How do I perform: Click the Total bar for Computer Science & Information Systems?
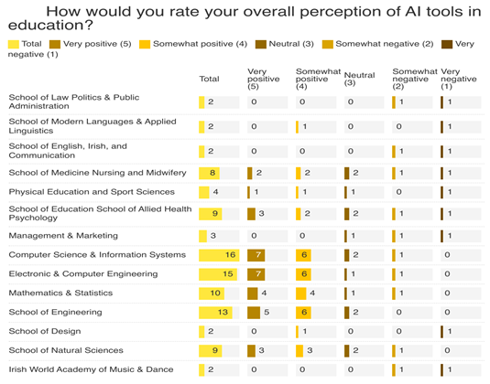click(x=219, y=255)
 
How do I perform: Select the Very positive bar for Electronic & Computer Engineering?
click(x=256, y=274)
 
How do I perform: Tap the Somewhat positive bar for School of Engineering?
click(x=303, y=313)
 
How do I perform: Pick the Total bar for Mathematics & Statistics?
click(x=212, y=293)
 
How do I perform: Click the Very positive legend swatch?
click(x=55, y=44)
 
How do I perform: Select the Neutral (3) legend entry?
click(x=284, y=44)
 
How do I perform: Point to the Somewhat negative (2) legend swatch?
click(x=328, y=44)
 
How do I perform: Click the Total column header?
click(x=209, y=79)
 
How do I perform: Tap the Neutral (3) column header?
click(x=359, y=79)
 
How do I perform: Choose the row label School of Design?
click(x=45, y=331)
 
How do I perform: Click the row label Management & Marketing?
click(x=63, y=236)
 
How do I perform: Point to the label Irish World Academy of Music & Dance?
click(x=91, y=369)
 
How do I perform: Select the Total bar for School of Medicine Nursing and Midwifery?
click(x=210, y=173)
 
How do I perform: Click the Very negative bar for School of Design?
click(x=441, y=332)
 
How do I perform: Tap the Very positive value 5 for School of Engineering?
click(x=267, y=313)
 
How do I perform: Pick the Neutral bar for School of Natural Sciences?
click(x=347, y=351)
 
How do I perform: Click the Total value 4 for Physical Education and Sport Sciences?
click(x=215, y=192)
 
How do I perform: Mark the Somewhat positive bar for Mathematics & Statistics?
click(x=301, y=293)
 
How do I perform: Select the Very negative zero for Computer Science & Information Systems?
click(x=447, y=255)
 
